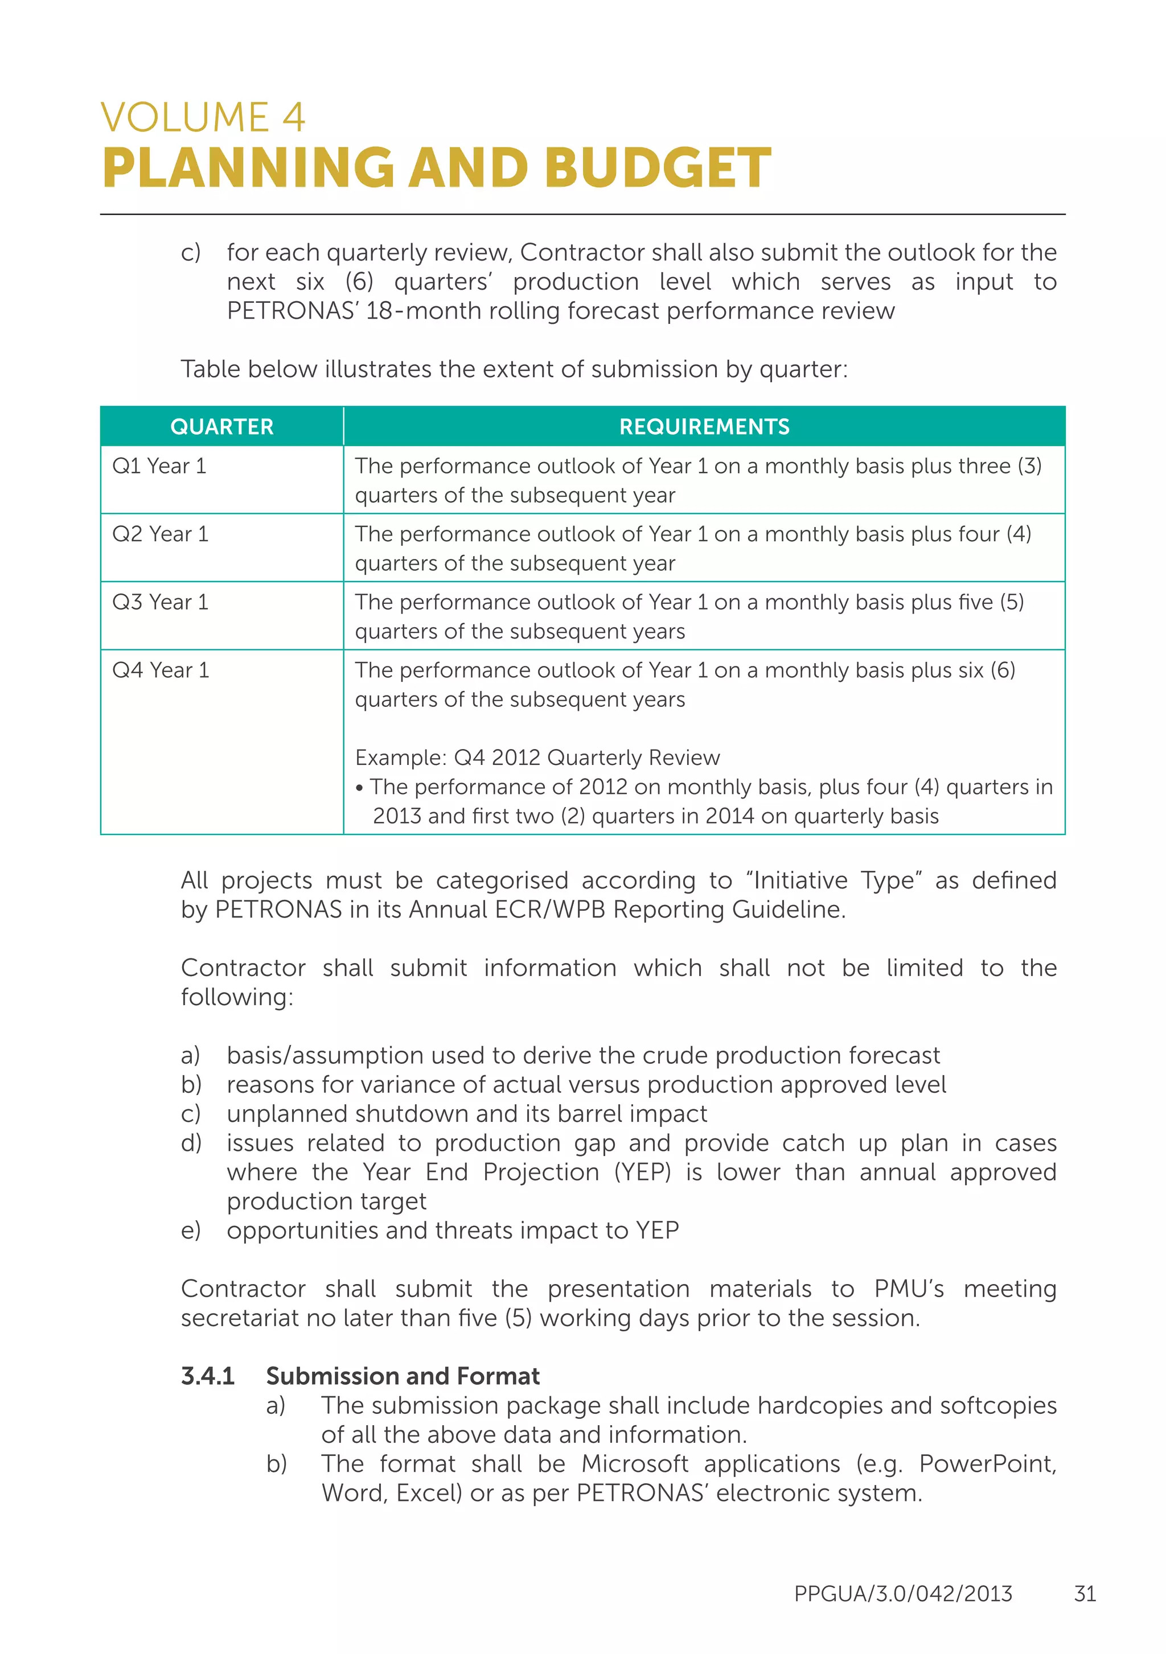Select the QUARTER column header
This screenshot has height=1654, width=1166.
click(x=221, y=426)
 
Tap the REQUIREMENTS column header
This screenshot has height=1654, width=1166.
click(x=704, y=426)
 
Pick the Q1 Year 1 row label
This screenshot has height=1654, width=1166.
click(x=159, y=466)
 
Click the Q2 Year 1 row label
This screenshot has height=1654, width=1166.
click(x=160, y=534)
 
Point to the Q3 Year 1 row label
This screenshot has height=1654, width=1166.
click(x=160, y=602)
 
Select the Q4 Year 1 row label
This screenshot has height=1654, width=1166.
click(x=161, y=670)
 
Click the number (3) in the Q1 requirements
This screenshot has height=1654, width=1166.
click(x=1029, y=466)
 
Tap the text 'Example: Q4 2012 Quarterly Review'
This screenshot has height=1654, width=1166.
click(x=537, y=757)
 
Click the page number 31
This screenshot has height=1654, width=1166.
click(x=1085, y=1594)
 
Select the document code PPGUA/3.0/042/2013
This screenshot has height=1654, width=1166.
click(x=903, y=1594)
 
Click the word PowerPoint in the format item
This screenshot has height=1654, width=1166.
click(x=987, y=1464)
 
